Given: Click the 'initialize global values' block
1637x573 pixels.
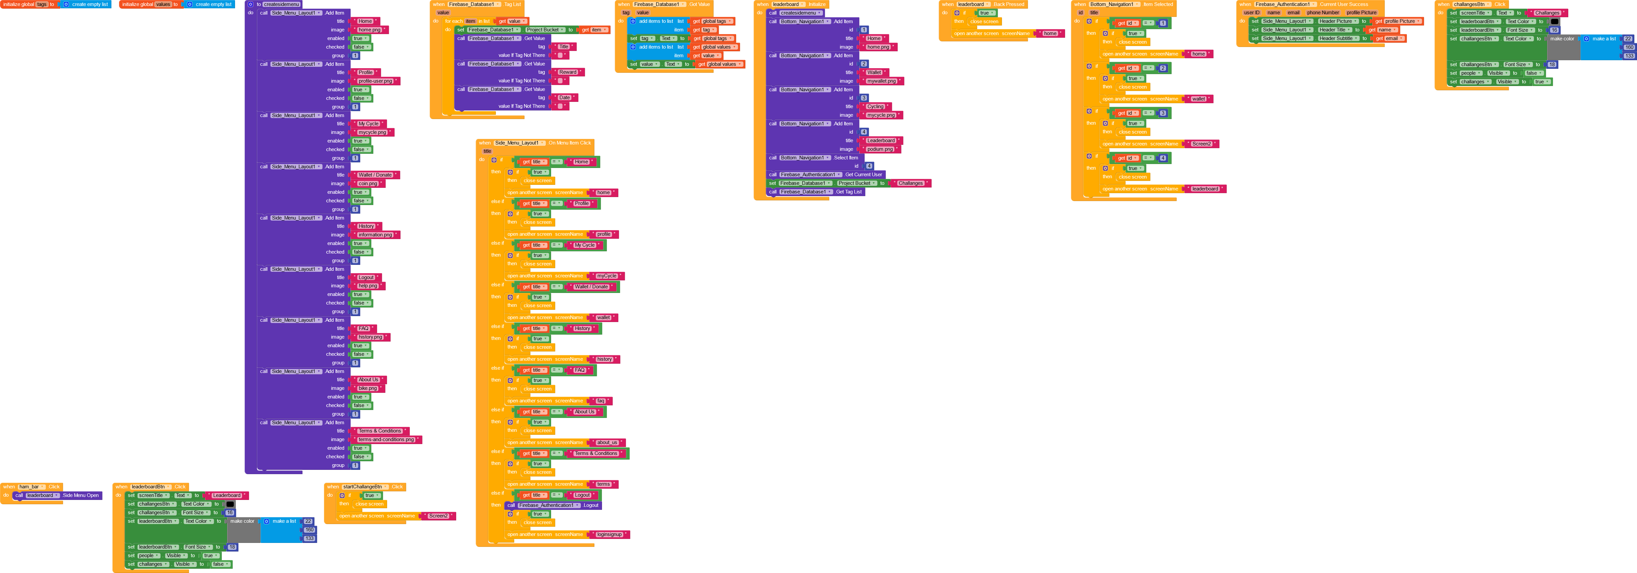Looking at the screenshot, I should point(146,4).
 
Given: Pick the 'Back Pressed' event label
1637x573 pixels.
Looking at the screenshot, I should point(1009,4).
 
